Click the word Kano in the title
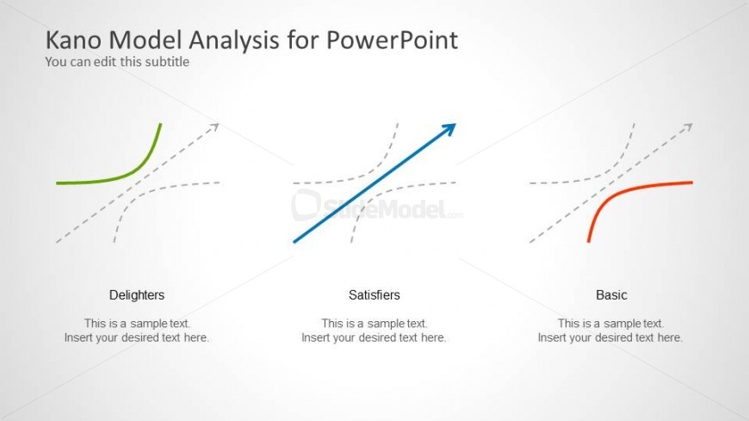pyautogui.click(x=73, y=40)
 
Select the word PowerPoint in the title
pyautogui.click(x=393, y=40)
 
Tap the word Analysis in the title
pyautogui.click(x=234, y=41)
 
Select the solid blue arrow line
pyautogui.click(x=374, y=183)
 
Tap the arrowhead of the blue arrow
pyautogui.click(x=449, y=129)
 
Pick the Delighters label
pyautogui.click(x=137, y=294)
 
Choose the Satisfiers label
pyautogui.click(x=374, y=294)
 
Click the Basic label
pyautogui.click(x=611, y=294)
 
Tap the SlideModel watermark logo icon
pyautogui.click(x=306, y=206)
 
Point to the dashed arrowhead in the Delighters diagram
pyautogui.click(x=214, y=127)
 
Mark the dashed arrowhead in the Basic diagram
pyautogui.click(x=688, y=127)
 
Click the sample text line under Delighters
pyautogui.click(x=137, y=324)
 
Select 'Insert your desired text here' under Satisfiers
pyautogui.click(x=374, y=337)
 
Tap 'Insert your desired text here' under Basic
pyautogui.click(x=610, y=337)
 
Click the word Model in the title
pyautogui.click(x=145, y=40)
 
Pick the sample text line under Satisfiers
pyautogui.click(x=374, y=324)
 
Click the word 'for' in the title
pyautogui.click(x=303, y=40)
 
